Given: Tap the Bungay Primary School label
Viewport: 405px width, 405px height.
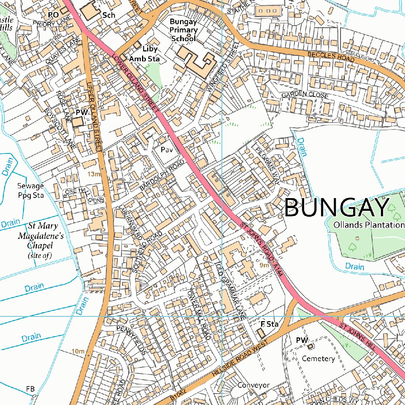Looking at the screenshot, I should click(184, 30).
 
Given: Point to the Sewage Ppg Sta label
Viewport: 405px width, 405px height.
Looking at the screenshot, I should click(30, 190).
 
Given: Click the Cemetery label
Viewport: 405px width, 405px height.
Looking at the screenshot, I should click(318, 359).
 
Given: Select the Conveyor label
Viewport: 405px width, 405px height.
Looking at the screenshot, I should click(254, 385).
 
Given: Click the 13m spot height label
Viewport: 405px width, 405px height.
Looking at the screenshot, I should click(94, 174).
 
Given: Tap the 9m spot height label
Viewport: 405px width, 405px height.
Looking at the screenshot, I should click(264, 265).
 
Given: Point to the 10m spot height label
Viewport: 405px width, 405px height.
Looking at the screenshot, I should click(78, 351).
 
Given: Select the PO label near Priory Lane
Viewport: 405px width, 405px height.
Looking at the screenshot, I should click(53, 15).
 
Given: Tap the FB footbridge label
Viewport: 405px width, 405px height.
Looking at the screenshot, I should click(30, 388).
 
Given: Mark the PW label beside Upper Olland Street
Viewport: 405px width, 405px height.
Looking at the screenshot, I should click(81, 113).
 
